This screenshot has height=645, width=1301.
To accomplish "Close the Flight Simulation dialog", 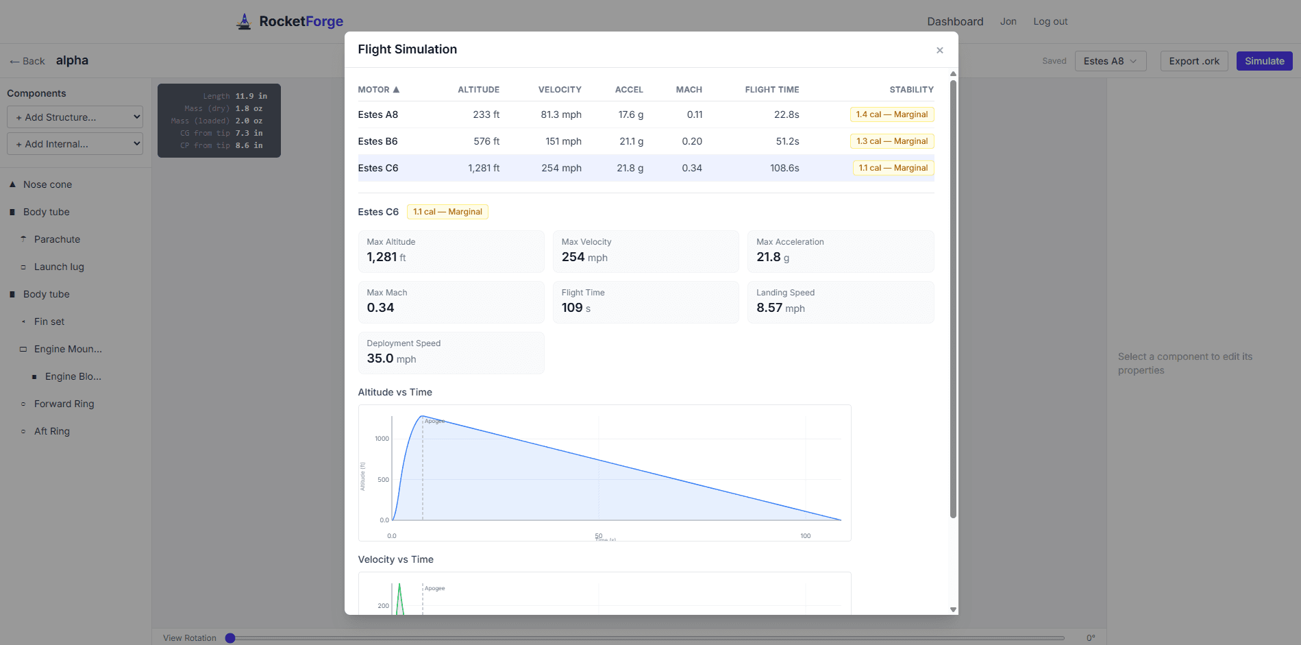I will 939,50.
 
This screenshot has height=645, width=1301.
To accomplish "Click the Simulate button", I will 1264,61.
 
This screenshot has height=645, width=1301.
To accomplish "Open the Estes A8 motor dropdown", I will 1110,61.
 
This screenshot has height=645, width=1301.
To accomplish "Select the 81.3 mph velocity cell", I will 560,114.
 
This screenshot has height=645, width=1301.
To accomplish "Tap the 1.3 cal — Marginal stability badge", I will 891,141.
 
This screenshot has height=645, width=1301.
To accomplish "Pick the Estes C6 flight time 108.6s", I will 784,168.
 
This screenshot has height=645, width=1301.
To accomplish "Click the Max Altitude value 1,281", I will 382,257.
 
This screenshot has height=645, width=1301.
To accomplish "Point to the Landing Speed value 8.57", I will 769,308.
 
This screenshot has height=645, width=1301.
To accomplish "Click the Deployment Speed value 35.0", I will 380,358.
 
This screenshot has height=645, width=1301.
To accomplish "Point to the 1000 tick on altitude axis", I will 382,439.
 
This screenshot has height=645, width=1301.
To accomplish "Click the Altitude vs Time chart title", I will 395,392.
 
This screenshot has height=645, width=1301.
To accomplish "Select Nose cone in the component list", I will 47,184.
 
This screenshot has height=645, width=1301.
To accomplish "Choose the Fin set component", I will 49,321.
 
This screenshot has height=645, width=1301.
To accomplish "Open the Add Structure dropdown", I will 75,117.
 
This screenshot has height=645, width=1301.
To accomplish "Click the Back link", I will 27,61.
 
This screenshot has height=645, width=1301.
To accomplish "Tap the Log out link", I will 1050,21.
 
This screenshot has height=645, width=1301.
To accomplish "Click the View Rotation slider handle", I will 230,638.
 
